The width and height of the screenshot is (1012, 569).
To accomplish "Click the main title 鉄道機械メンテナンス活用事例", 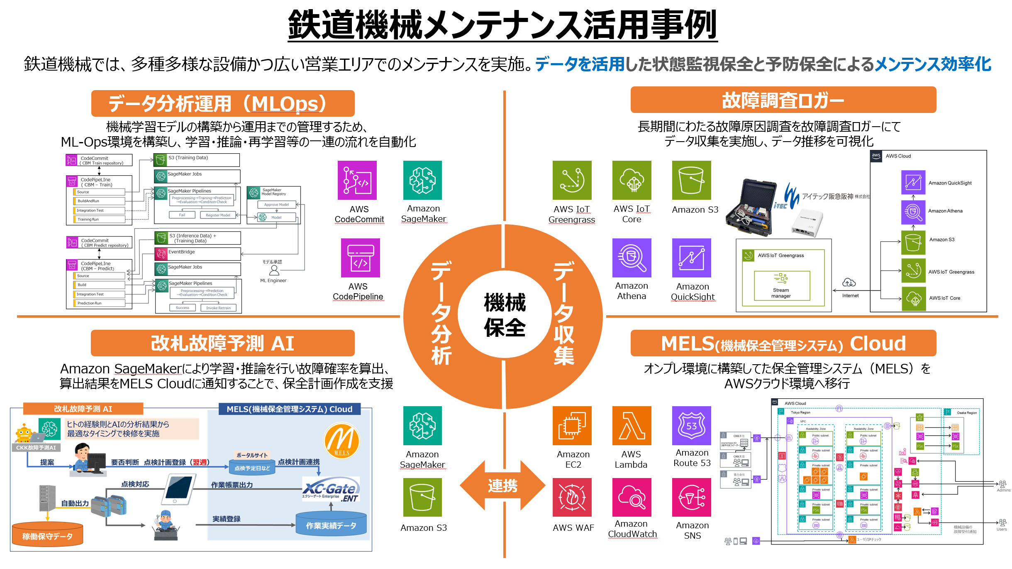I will click(x=502, y=25).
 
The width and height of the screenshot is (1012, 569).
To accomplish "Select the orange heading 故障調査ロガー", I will click(x=783, y=100).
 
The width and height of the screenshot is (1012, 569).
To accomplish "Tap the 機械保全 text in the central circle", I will click(x=505, y=314).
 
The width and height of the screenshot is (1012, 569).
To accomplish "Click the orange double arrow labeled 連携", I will click(x=502, y=485).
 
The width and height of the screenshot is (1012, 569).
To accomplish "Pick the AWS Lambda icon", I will click(x=632, y=426).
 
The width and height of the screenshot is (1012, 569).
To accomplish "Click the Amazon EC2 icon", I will click(x=572, y=426).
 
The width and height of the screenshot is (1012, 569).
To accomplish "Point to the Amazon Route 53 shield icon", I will click(x=691, y=426).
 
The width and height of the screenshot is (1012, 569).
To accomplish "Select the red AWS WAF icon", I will click(x=572, y=497).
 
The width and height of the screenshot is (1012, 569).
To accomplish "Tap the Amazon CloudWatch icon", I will click(x=632, y=497).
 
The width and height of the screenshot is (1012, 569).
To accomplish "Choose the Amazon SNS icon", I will click(x=691, y=497).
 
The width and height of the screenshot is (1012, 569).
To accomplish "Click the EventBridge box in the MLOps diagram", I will click(x=198, y=253).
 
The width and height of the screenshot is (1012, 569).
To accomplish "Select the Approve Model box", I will click(x=276, y=204).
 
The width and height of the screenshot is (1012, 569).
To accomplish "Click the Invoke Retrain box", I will click(x=218, y=308).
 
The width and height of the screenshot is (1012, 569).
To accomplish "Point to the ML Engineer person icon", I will click(x=274, y=271).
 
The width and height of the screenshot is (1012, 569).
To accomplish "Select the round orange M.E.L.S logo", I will click(x=341, y=441).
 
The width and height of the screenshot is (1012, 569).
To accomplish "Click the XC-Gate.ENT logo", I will click(x=331, y=491).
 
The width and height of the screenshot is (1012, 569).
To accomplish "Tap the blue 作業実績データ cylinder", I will click(x=331, y=523).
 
